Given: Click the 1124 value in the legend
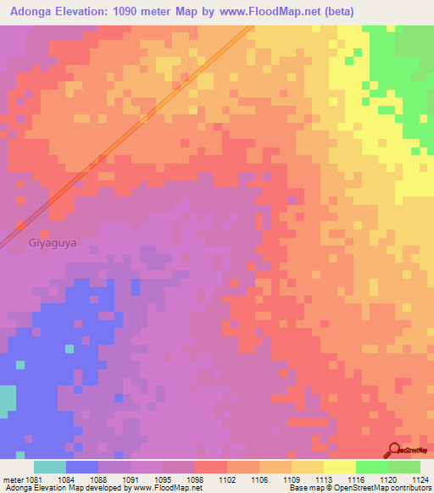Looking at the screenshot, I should (x=420, y=478).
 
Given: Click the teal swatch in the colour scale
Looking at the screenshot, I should (x=50, y=467).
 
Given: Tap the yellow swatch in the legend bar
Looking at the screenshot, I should (x=339, y=467).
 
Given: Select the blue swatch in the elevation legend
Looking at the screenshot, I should (x=82, y=467).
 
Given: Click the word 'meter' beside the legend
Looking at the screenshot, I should (x=12, y=478).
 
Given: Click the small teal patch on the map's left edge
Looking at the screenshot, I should (x=7, y=400).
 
